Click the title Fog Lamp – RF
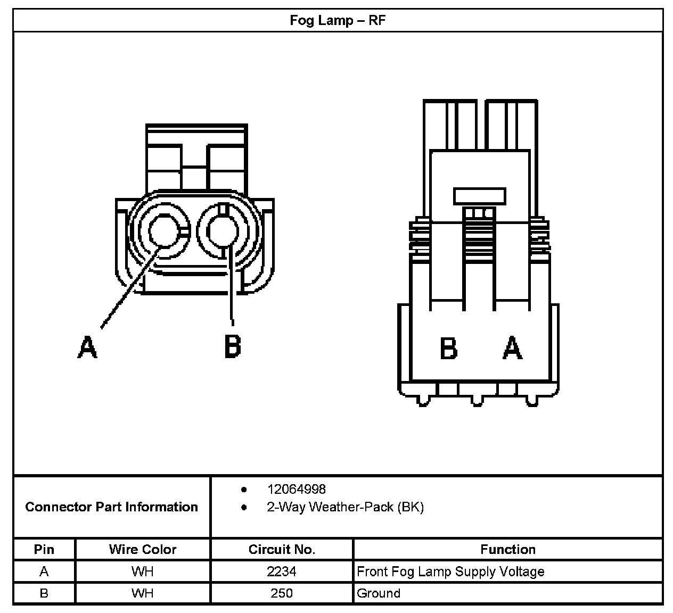pos(338,21)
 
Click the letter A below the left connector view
pos(88,346)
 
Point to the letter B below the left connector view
pos(232,346)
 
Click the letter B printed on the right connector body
pos(448,349)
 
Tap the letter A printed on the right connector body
pos(512,349)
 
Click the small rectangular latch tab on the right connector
pos(479,195)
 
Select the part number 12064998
pos(297,489)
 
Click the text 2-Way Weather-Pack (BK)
pos(345,507)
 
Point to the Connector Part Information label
pos(111,507)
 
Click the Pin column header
pos(44,549)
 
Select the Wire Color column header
pos(143,549)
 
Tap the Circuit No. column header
pos(282,549)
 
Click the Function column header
pos(508,549)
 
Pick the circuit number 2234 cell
pos(282,571)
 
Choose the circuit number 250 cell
pos(282,593)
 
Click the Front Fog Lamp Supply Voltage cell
pos(450,571)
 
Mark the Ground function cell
pos(379,593)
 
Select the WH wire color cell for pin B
pos(143,593)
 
